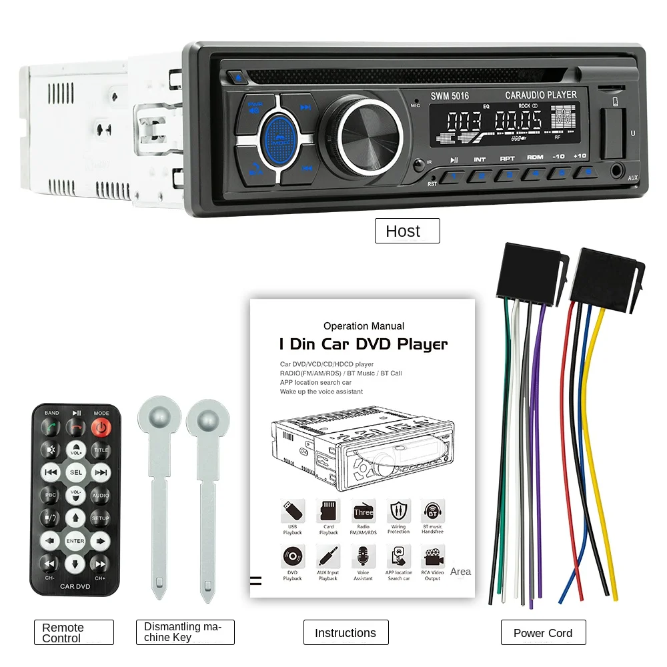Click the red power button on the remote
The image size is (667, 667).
(x=101, y=428)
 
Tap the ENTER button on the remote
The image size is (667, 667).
(x=75, y=541)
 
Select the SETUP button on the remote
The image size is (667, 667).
(x=101, y=518)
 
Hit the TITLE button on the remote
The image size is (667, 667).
(x=101, y=450)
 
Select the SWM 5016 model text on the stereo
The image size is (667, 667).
(x=450, y=96)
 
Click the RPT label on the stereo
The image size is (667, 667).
(x=507, y=159)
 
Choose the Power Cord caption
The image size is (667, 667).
(x=543, y=633)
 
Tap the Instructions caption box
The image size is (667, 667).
(x=346, y=633)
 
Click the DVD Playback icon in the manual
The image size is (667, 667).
(x=292, y=557)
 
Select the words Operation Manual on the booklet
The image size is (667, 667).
(x=364, y=326)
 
